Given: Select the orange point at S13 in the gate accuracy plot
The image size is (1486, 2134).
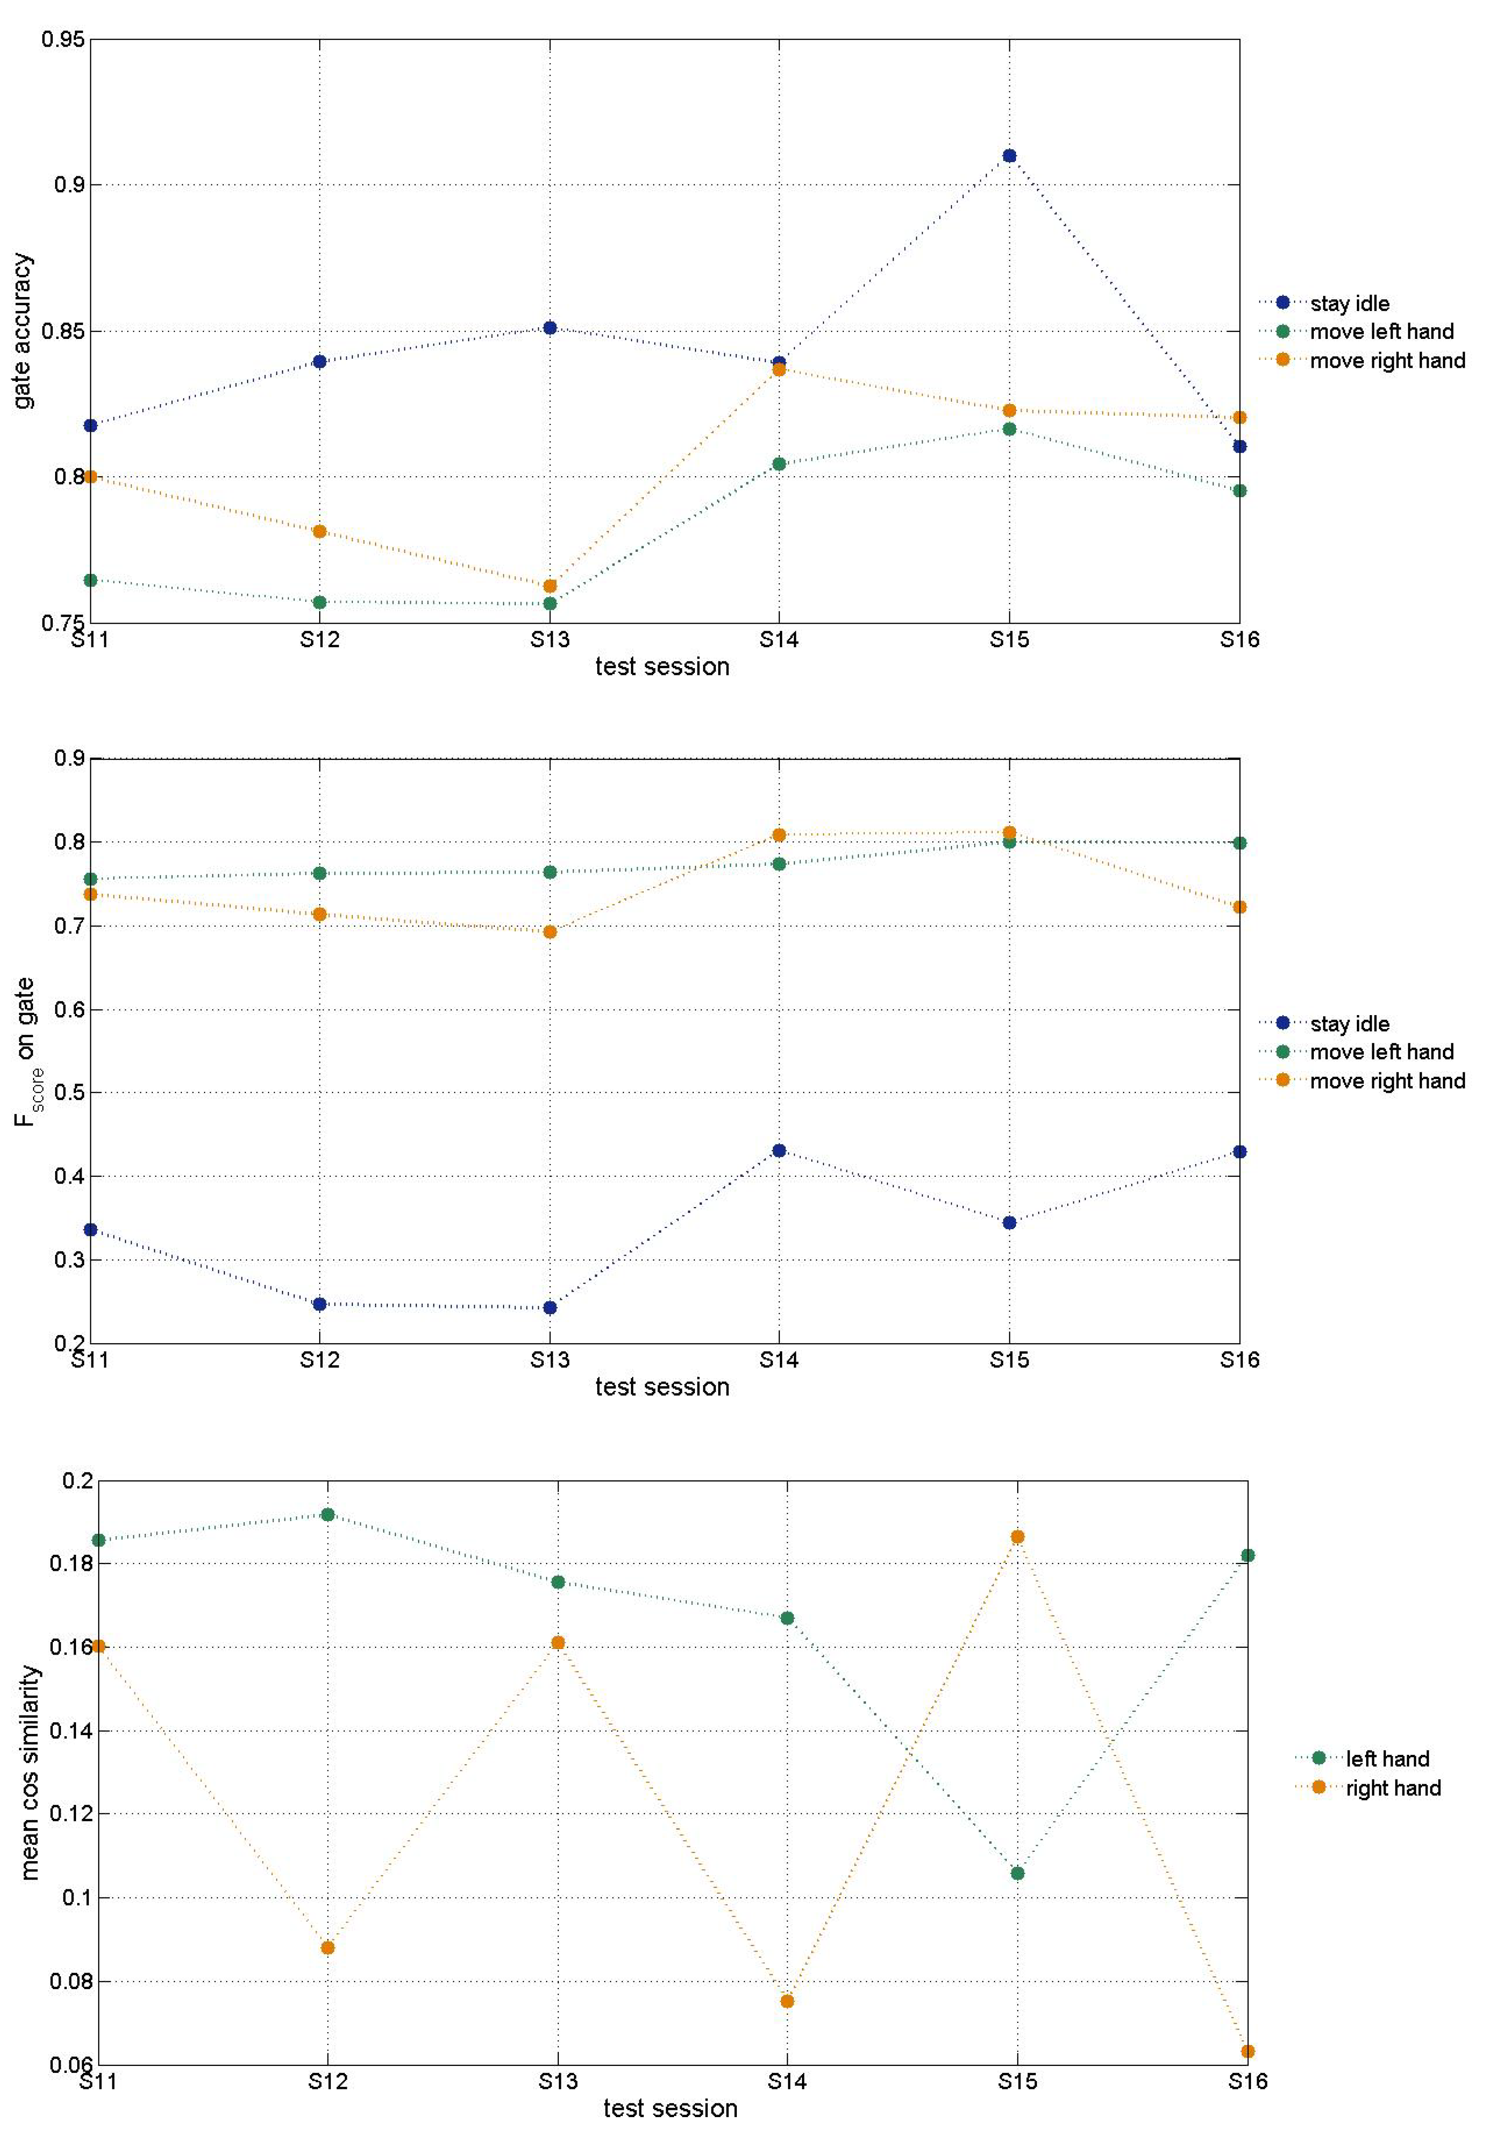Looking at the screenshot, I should tap(549, 586).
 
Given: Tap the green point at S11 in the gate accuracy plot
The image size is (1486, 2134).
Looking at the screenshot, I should tap(90, 580).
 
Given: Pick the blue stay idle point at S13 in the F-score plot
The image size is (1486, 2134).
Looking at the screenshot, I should tap(549, 1308).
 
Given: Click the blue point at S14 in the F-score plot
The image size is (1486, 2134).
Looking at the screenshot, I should tap(779, 1151).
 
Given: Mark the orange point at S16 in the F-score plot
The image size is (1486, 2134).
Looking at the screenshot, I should tap(1239, 907).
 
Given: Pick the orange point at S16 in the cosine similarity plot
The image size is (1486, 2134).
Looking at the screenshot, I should tap(1247, 2051).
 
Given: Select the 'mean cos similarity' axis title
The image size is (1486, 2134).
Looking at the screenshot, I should tap(31, 1773).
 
